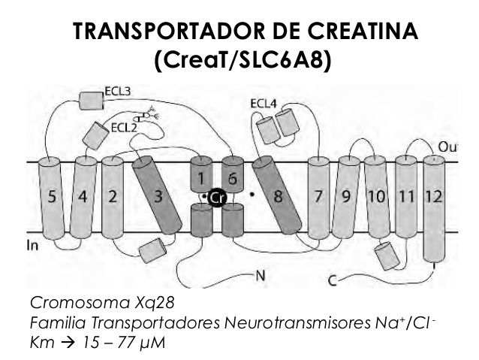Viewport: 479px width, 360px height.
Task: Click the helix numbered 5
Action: pos(52,198)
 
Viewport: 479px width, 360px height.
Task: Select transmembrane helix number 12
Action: pos(433,198)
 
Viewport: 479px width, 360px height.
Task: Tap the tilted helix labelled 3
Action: pos(158,198)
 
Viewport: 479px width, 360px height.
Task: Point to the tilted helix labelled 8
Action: pos(277,198)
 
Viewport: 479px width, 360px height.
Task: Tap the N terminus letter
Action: pos(260,275)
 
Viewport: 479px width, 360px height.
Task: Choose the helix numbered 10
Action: pos(376,198)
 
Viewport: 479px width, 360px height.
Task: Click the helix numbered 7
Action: pos(318,198)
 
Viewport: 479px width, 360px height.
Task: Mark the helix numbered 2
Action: pos(112,198)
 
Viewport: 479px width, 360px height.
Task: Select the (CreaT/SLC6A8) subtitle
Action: pos(242,59)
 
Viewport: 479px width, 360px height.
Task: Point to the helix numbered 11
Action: pos(406,198)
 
